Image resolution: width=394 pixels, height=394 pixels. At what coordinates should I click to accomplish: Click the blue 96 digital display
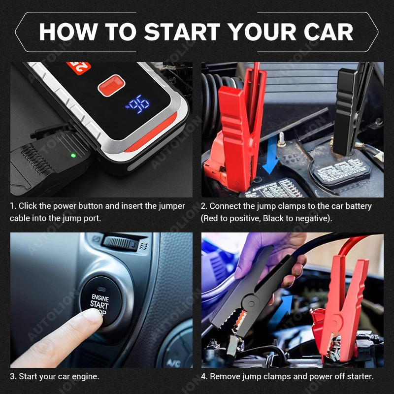(x=139, y=104)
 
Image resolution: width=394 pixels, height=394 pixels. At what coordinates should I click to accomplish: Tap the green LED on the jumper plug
(x=73, y=156)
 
